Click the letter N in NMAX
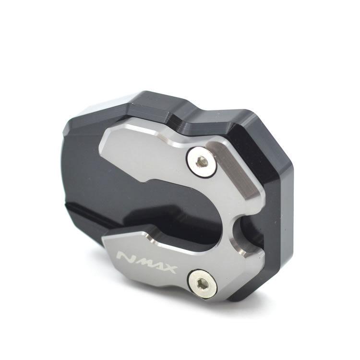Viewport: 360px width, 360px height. (x=126, y=256)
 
